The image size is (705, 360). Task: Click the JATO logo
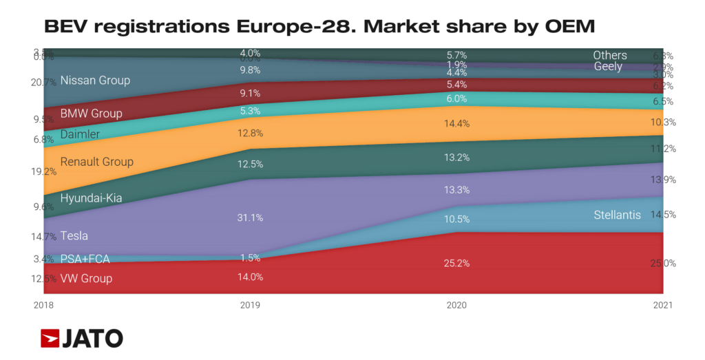82,338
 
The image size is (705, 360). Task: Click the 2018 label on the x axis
44,304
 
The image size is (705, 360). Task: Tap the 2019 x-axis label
251,304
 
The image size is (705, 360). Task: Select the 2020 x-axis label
457,304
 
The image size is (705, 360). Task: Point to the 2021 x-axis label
662,304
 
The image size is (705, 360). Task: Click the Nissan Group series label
95,81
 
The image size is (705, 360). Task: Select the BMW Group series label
91,114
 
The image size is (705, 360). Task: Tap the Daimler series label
80,134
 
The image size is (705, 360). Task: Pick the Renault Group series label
96,162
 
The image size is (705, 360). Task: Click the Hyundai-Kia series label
91,198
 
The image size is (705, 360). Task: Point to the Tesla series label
74,235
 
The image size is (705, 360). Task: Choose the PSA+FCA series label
85,259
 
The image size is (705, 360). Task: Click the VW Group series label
86,279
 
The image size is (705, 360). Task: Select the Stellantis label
617,215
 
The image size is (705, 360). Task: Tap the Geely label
608,67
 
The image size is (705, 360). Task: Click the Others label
610,55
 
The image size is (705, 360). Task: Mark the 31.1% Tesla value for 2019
251,218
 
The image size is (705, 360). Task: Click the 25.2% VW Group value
457,263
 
